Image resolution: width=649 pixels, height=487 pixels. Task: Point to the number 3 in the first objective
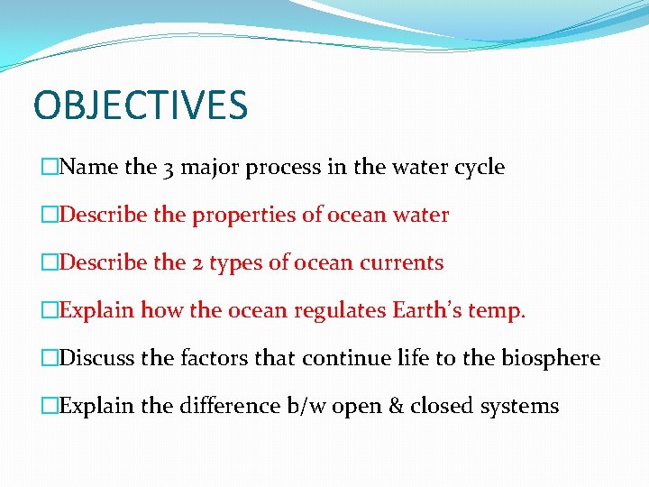pos(171,168)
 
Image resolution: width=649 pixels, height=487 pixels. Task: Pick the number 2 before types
pos(197,263)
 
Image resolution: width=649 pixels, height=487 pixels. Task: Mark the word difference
pos(230,406)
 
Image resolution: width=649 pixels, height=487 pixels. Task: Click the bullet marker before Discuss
pos(50,359)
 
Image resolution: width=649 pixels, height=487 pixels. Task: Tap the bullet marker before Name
pos(50,168)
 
